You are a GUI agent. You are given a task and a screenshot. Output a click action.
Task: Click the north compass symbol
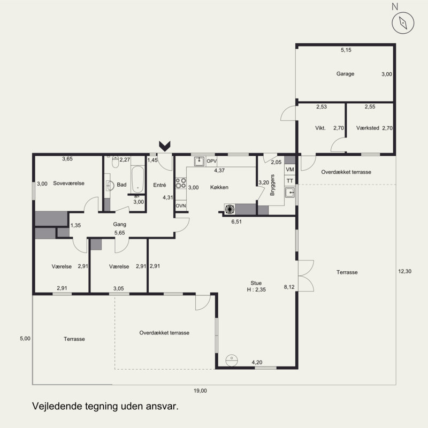point(403,22)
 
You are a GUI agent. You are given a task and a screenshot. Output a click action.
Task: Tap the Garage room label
point(345,74)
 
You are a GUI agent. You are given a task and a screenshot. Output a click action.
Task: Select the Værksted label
point(368,128)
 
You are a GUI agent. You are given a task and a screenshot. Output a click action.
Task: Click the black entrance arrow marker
point(165,146)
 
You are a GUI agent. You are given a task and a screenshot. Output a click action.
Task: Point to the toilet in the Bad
point(116,162)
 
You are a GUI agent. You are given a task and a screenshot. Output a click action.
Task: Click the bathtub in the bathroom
point(137,180)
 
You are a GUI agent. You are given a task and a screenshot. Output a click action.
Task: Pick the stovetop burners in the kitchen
point(180,183)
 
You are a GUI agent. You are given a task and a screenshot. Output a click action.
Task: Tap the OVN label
point(181,206)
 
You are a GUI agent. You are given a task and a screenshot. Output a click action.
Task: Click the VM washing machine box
point(290,170)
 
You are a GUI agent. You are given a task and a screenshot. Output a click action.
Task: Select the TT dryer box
point(290,181)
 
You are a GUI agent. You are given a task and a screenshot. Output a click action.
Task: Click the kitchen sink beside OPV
point(199,162)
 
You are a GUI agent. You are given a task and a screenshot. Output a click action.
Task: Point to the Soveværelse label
point(69,183)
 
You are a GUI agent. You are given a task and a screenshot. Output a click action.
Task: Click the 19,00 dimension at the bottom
point(200,391)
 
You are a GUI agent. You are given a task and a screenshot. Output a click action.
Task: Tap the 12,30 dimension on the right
point(405,271)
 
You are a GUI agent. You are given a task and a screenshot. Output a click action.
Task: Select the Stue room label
point(256,283)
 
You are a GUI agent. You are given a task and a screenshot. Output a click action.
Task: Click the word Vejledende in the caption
point(57,406)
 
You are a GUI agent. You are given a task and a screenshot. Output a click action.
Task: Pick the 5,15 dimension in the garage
point(346,50)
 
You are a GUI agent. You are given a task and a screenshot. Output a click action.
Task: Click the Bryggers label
point(272,185)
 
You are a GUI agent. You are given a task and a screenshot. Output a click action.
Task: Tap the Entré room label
point(159,185)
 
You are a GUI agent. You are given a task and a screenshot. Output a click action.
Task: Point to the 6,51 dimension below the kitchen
point(236,221)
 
